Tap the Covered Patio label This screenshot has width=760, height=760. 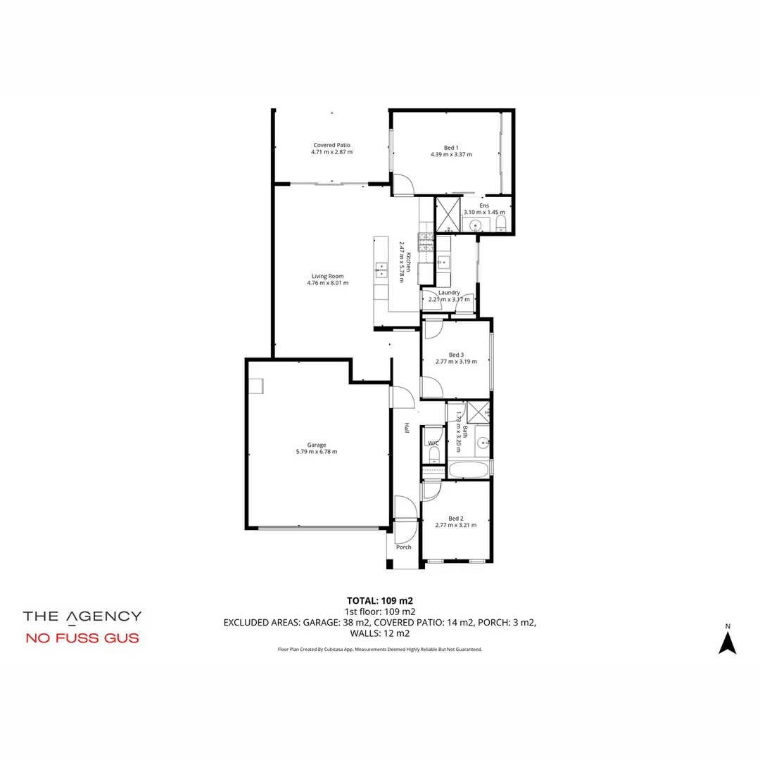coord(331,145)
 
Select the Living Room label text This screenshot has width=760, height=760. coord(327,276)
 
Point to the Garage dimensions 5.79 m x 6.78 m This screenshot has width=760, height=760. coord(316,452)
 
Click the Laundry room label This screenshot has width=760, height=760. coord(448,293)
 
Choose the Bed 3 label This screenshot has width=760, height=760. coord(456,355)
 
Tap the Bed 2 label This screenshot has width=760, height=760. coord(455,519)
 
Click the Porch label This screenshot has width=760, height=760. coord(403,547)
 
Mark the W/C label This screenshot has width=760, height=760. coord(433,443)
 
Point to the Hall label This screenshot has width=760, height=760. coord(406,427)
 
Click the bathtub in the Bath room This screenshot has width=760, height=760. coord(469,469)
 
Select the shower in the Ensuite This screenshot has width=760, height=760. coord(447,215)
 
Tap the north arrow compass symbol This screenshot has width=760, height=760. coord(728,640)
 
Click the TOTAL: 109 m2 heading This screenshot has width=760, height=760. coord(380,601)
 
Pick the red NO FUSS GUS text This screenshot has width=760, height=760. coord(82,639)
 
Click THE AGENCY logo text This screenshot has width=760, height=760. coord(82,616)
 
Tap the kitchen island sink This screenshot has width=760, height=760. coord(381,267)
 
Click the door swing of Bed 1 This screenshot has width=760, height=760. coord(402,184)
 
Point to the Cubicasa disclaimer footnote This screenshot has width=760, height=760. coord(380,650)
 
